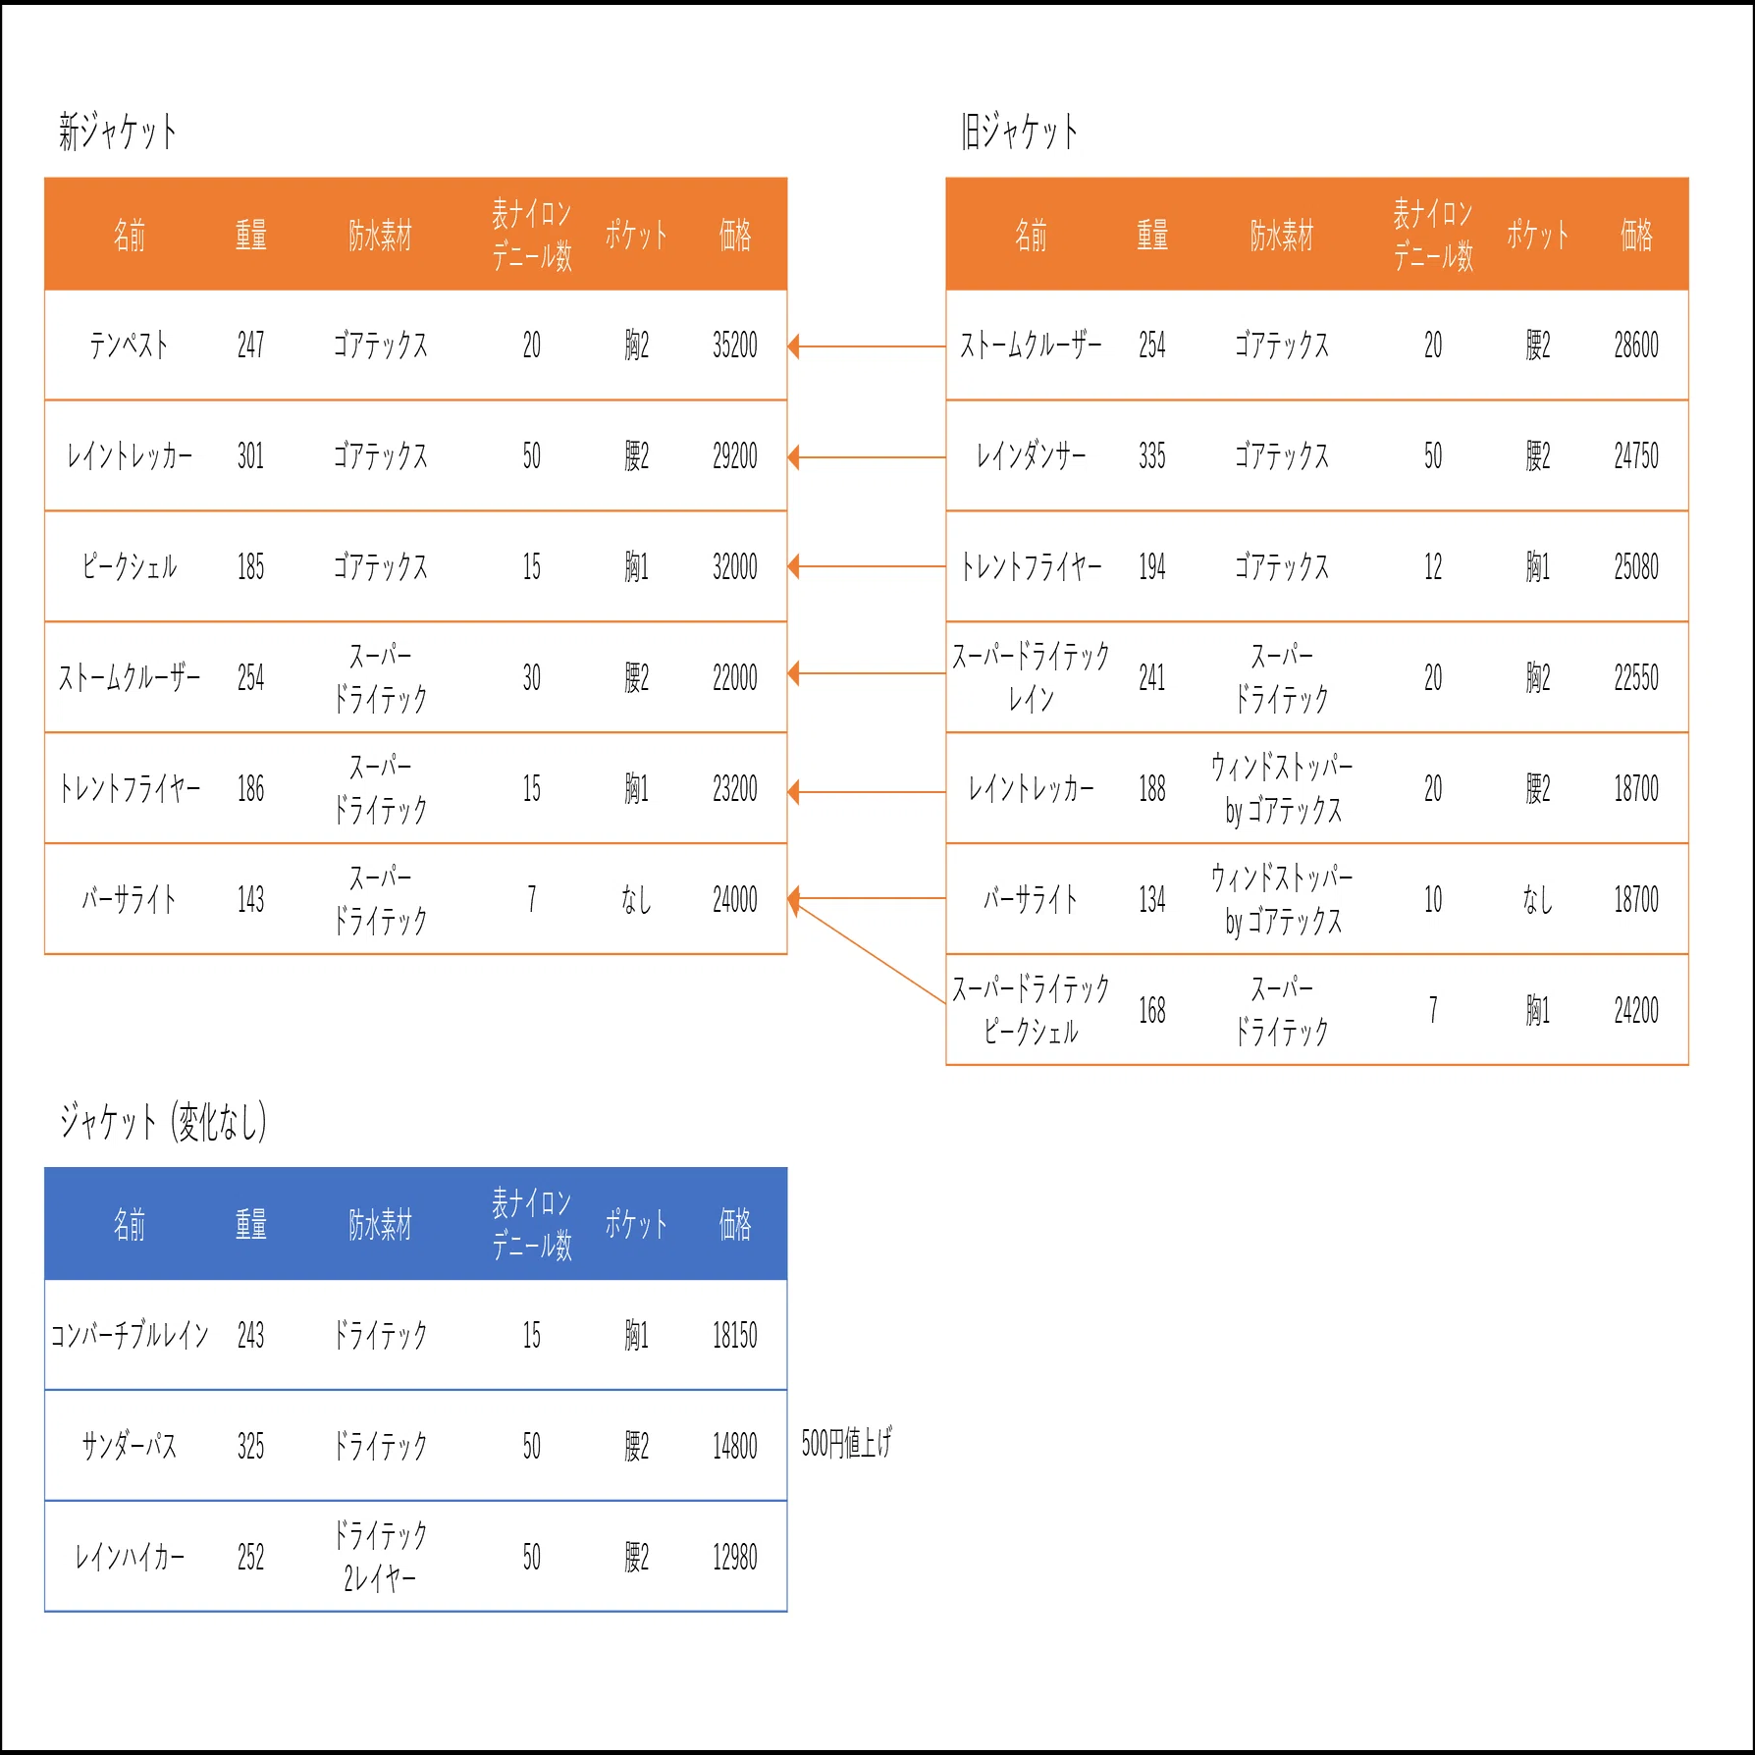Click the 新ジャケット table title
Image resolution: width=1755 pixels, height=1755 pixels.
point(118,132)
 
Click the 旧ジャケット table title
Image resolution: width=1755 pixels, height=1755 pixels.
point(1019,132)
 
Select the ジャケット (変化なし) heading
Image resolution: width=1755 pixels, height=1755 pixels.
point(163,1122)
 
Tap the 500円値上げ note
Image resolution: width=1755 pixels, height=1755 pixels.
point(846,1443)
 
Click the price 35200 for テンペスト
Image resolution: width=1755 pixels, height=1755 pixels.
point(735,346)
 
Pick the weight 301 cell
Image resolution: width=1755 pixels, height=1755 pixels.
point(250,456)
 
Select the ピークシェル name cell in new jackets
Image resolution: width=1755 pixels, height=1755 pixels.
point(130,567)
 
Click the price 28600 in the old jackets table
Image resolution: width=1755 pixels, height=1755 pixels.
point(1636,346)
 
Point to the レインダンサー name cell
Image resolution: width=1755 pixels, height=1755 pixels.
point(1031,456)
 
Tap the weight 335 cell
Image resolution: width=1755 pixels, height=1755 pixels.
point(1152,456)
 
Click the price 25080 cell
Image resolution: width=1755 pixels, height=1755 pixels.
point(1636,567)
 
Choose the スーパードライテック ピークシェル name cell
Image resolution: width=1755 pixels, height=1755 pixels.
point(1031,1010)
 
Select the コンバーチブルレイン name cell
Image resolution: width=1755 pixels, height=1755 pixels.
point(130,1336)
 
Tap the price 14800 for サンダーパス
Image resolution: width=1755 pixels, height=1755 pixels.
point(735,1447)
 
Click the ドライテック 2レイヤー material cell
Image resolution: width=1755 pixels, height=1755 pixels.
point(381,1557)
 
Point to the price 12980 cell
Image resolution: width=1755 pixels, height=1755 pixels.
point(735,1558)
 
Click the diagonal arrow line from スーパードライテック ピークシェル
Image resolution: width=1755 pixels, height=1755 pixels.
point(868,951)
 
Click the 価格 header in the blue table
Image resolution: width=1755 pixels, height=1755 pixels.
point(735,1224)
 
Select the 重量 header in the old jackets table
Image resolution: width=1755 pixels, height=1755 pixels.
point(1152,235)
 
